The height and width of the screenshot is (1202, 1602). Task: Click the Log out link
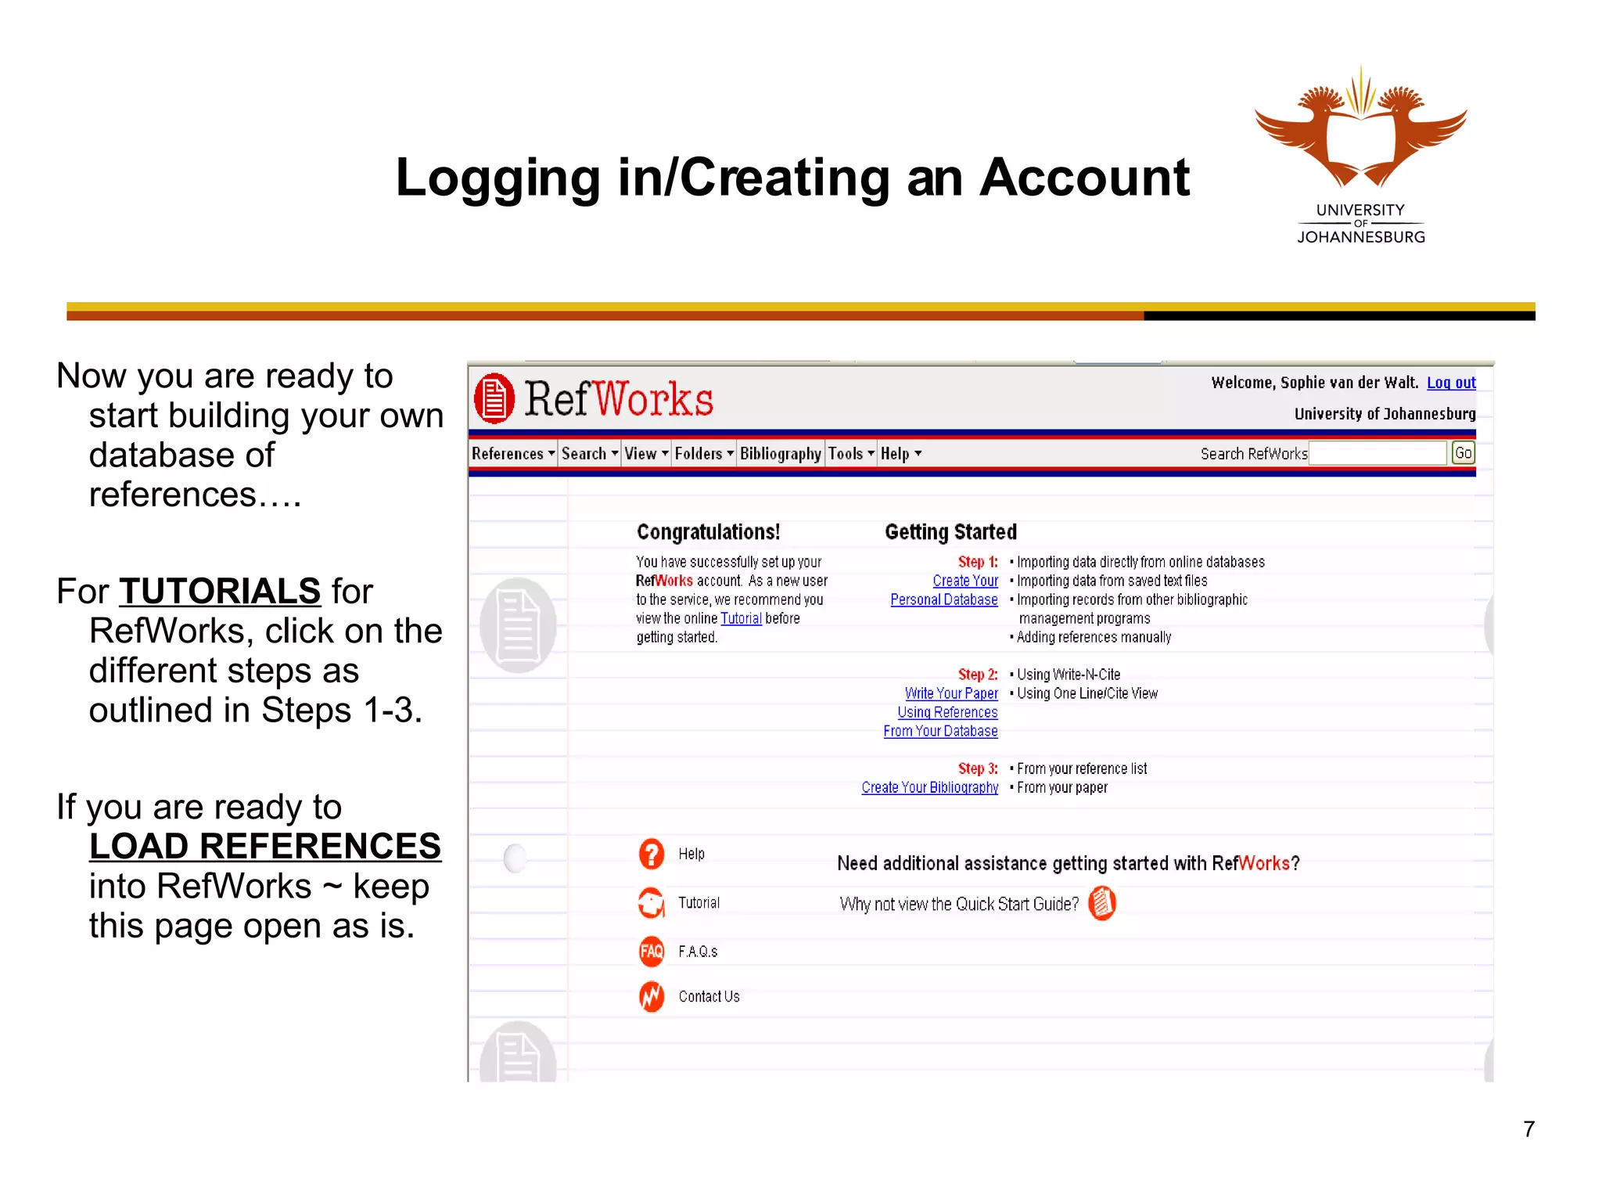pyautogui.click(x=1451, y=383)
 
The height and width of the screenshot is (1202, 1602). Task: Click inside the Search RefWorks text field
pyautogui.click(x=1377, y=453)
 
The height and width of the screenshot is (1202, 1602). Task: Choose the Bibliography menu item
pyautogui.click(x=780, y=454)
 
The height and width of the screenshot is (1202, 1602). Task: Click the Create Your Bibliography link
pyautogui.click(x=929, y=787)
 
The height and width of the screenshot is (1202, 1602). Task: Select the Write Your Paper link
pyautogui.click(x=951, y=693)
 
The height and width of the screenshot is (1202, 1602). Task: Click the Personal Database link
pyautogui.click(x=943, y=599)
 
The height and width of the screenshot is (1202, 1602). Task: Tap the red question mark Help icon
pyautogui.click(x=651, y=854)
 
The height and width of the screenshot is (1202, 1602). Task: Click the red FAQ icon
pyautogui.click(x=651, y=951)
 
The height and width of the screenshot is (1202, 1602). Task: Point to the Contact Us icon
pyautogui.click(x=651, y=996)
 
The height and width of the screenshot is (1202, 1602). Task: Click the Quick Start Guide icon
pyautogui.click(x=1101, y=903)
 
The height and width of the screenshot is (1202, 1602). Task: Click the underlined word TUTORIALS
pyautogui.click(x=220, y=591)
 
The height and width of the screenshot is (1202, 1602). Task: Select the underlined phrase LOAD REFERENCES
pyautogui.click(x=265, y=846)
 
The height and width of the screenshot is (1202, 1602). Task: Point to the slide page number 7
pyautogui.click(x=1528, y=1129)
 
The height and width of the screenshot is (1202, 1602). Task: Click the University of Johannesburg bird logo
pyautogui.click(x=1360, y=129)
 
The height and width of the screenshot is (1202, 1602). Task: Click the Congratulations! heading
pyautogui.click(x=708, y=532)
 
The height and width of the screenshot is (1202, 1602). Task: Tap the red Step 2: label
pyautogui.click(x=977, y=675)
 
